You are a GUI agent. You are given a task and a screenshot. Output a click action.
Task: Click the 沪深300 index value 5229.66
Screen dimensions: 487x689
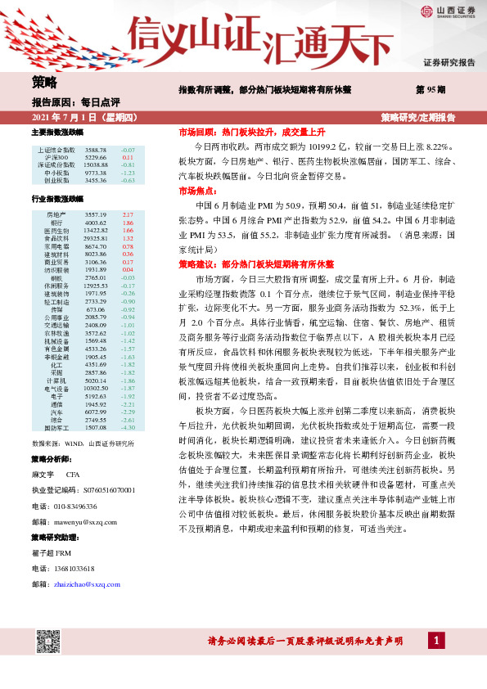tap(96, 157)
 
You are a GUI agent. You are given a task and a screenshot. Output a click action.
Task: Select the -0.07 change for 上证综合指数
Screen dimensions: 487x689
tap(128, 151)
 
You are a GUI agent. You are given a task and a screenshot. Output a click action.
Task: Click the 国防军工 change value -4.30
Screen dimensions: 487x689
tap(128, 427)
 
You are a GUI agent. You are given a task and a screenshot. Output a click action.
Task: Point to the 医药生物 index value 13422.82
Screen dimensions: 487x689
tap(96, 230)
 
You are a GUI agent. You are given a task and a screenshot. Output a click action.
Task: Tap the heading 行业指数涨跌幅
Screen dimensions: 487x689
tap(57, 198)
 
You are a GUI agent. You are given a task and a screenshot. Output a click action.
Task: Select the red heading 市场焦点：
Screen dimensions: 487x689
tap(199, 191)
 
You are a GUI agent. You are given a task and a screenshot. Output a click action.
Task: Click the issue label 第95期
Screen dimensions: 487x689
tap(431, 88)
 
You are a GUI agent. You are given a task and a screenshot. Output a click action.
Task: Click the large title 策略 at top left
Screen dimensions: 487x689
tap(44, 82)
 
